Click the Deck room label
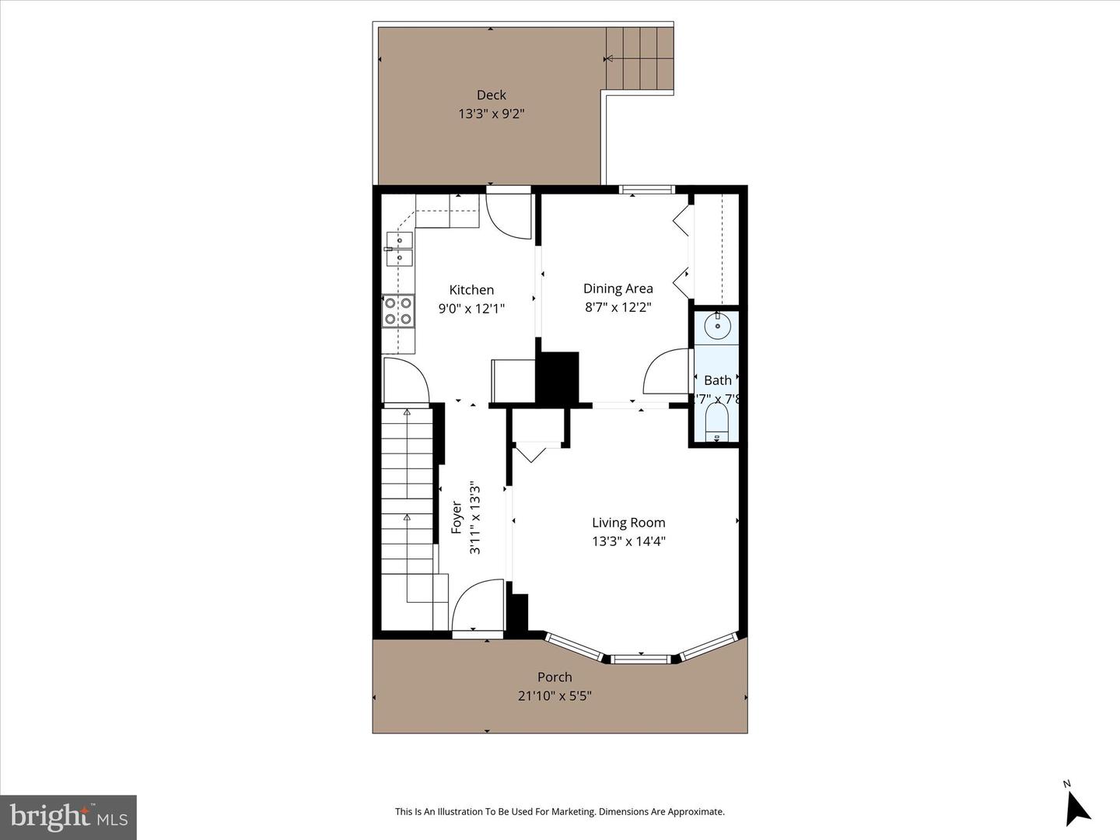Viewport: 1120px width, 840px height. coord(491,95)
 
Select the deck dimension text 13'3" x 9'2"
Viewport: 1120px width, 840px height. coord(491,114)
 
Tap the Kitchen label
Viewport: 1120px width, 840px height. coord(471,290)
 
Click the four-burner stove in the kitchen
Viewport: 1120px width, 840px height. coord(397,310)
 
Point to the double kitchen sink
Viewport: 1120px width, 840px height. coord(399,250)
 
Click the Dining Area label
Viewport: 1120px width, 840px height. coord(618,289)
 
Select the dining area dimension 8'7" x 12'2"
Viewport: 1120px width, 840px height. coord(618,307)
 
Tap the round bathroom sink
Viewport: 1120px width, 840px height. coord(716,326)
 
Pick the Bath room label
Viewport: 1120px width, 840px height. coord(717,380)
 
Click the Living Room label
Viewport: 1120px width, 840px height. coord(628,523)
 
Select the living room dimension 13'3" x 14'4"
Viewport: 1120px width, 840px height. coord(628,541)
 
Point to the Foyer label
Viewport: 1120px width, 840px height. coord(457,518)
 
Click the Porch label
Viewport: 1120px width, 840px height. coord(555,677)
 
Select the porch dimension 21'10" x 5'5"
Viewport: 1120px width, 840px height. coord(555,696)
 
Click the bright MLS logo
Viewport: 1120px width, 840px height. coord(68,817)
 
